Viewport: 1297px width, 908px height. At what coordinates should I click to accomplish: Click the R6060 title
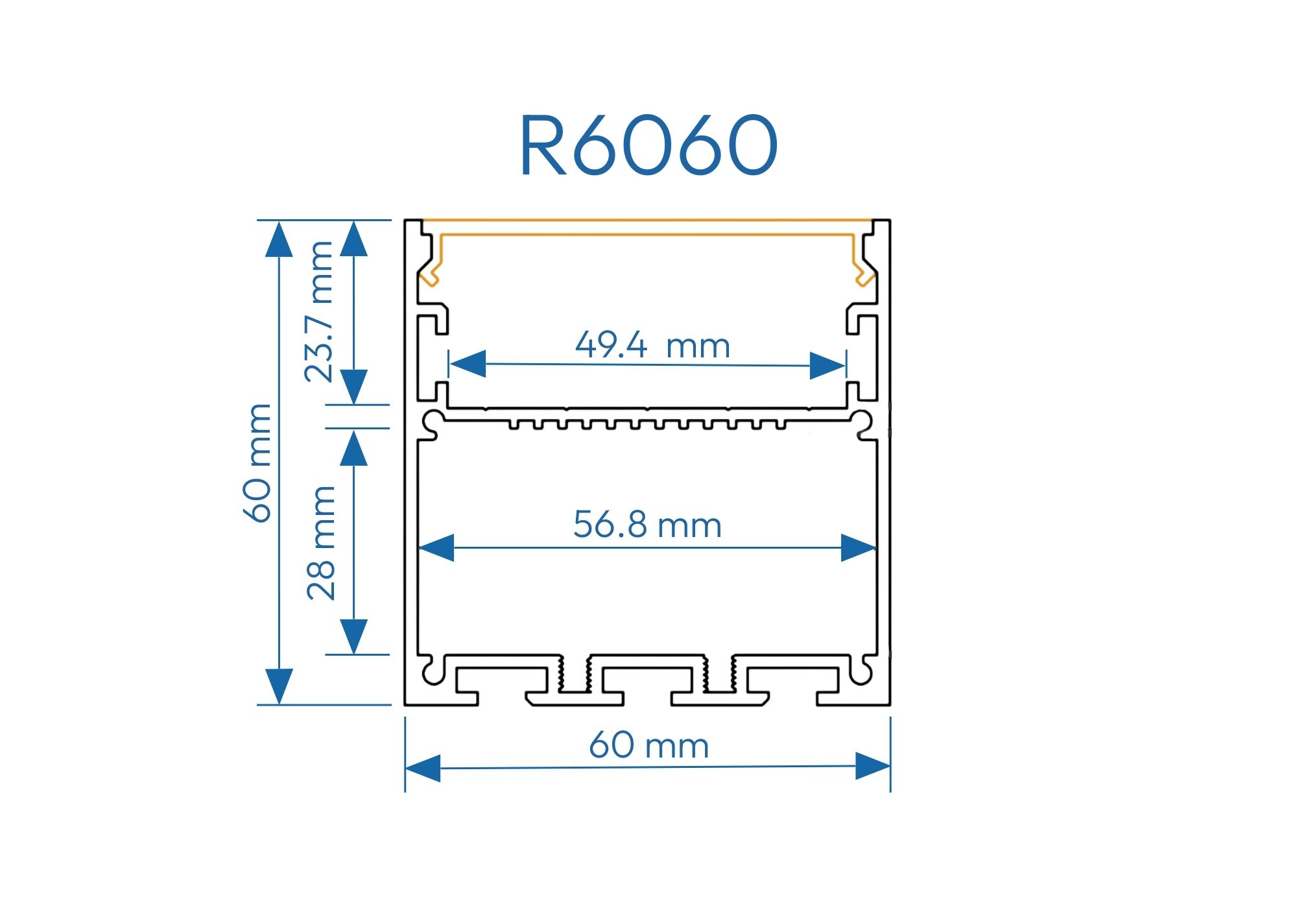point(648,145)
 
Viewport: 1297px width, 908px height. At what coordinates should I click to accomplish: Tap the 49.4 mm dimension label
point(652,345)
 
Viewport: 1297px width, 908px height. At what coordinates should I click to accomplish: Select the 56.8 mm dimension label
point(647,525)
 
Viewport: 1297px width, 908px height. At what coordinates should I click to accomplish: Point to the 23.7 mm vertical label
point(320,311)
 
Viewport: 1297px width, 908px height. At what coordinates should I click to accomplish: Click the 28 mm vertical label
point(322,542)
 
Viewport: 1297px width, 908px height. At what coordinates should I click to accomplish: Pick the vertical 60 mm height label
point(258,462)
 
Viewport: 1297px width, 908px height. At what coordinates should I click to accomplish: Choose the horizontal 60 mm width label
point(648,745)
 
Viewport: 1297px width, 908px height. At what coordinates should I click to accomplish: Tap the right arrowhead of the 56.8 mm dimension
point(857,548)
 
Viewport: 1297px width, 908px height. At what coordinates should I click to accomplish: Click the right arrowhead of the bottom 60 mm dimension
point(873,766)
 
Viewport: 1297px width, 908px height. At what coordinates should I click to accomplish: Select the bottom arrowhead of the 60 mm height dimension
point(279,686)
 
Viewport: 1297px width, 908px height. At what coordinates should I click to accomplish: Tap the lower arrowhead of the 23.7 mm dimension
point(354,387)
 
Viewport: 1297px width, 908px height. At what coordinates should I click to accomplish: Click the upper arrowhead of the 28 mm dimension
point(354,448)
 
